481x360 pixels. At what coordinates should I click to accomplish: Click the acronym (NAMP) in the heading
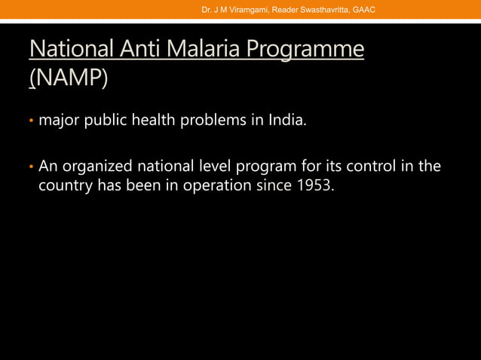69,78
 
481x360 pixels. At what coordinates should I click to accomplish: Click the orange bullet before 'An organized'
32,166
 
